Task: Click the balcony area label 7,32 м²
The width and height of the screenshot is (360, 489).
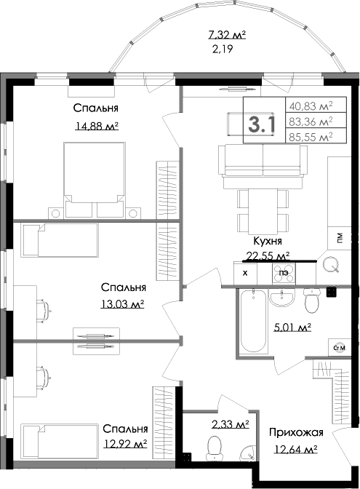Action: (x=227, y=34)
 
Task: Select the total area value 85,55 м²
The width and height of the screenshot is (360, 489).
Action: (x=311, y=135)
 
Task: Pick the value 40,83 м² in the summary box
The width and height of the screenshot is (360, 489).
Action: (x=311, y=106)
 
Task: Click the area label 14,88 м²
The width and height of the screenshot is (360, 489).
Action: (x=97, y=125)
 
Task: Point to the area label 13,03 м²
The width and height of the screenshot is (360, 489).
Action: (x=121, y=304)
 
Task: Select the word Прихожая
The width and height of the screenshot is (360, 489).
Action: (x=296, y=432)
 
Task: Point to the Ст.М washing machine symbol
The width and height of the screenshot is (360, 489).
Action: (x=338, y=349)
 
